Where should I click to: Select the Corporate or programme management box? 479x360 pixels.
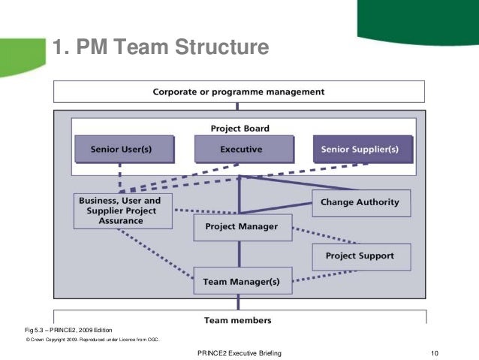tap(239, 92)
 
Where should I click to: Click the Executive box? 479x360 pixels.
tap(241, 149)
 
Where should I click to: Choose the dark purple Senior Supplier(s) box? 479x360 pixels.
tap(363, 149)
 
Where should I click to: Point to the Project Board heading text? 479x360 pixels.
tap(240, 128)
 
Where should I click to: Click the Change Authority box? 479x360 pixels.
tap(361, 202)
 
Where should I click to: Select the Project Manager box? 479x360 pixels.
tap(241, 226)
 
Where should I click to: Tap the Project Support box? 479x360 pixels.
tap(360, 256)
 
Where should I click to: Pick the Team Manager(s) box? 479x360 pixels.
tap(241, 283)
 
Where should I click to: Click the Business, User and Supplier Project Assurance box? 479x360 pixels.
tap(123, 210)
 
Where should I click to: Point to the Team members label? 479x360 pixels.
tap(238, 319)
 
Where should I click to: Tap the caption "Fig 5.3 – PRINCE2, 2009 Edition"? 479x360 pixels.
tap(69, 330)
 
